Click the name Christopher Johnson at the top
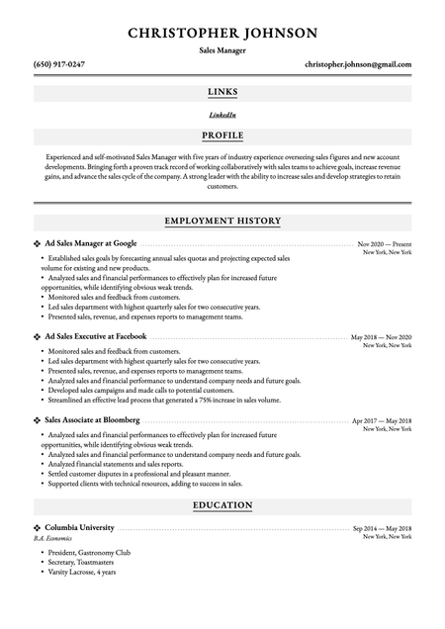pos(222,33)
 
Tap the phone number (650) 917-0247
pos(59,64)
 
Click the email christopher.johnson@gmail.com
pos(358,64)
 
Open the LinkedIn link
pos(222,115)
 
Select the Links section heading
pos(222,93)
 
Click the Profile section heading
pos(222,135)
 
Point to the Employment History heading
pos(222,222)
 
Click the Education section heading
pos(222,506)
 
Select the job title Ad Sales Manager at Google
pos(91,242)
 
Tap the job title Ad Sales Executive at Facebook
pos(96,336)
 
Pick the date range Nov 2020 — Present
pos(385,243)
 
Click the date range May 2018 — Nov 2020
pos(382,337)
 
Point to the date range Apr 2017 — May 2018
pos(382,421)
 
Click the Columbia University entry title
pos(80,528)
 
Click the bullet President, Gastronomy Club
pos(88,552)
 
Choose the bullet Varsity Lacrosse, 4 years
pos(82,572)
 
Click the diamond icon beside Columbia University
pos(38,528)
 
